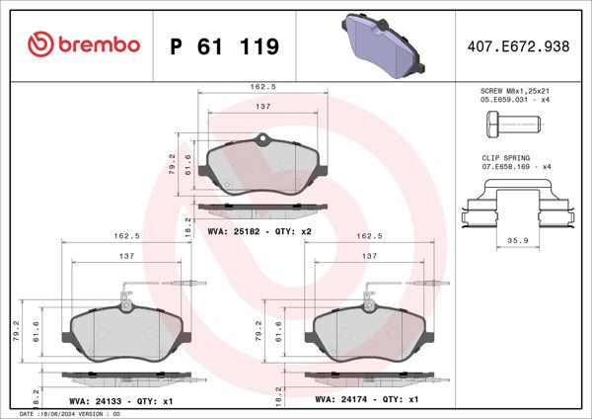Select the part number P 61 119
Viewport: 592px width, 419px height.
click(x=224, y=46)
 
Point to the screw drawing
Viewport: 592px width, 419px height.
click(x=511, y=126)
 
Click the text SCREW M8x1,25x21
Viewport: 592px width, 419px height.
click(x=512, y=90)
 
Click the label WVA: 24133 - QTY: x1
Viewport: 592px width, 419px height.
click(x=123, y=400)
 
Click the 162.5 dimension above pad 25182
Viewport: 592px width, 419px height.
click(x=263, y=87)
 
